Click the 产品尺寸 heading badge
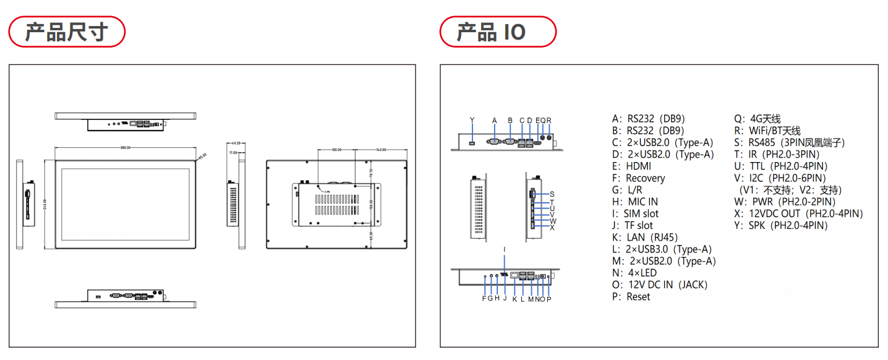(66, 32)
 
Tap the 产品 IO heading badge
(497, 32)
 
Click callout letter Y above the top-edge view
(472, 120)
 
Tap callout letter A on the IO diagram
(494, 120)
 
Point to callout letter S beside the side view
(552, 194)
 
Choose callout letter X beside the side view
(552, 228)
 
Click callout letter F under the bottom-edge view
(484, 299)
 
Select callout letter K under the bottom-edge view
(514, 299)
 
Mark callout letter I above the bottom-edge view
(505, 249)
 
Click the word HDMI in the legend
(639, 166)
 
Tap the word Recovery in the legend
(646, 178)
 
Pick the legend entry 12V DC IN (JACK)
(659, 285)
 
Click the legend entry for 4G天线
(758, 119)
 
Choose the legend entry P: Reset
(630, 296)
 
